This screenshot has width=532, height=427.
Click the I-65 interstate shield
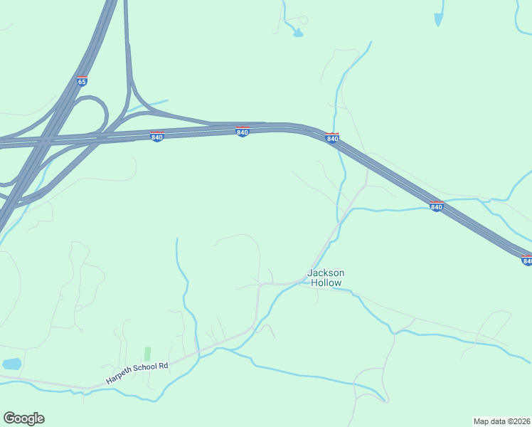click(x=82, y=81)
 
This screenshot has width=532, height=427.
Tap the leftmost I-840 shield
click(x=157, y=136)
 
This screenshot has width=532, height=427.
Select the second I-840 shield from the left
click(x=243, y=132)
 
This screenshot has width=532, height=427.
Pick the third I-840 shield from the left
click(x=332, y=138)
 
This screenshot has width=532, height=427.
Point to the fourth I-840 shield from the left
click(x=437, y=206)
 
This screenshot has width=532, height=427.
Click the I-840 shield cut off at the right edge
click(x=526, y=260)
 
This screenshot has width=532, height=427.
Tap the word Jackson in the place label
click(x=326, y=273)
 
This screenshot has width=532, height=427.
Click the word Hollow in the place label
click(x=326, y=283)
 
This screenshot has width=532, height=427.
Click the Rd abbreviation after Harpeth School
click(x=164, y=365)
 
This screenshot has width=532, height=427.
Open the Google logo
click(x=23, y=418)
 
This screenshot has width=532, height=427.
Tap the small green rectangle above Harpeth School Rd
click(x=147, y=354)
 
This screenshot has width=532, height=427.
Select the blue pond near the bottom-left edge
click(x=11, y=364)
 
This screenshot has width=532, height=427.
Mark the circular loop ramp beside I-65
click(x=91, y=114)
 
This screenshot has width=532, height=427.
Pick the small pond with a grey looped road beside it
click(x=298, y=33)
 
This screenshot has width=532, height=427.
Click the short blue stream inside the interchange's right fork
click(x=149, y=106)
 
